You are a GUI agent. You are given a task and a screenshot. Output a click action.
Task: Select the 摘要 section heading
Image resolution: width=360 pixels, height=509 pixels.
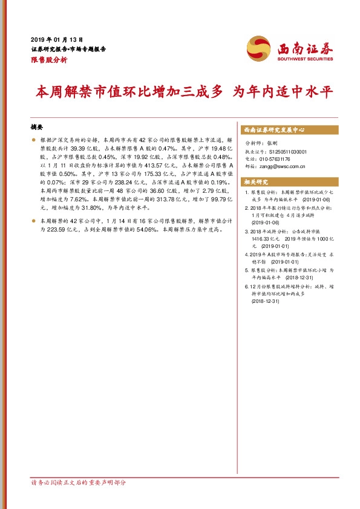point(38,128)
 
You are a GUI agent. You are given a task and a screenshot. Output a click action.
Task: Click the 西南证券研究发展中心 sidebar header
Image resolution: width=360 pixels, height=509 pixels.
point(273,130)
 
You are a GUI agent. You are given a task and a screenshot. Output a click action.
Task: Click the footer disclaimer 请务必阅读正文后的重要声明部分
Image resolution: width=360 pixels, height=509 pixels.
point(79,483)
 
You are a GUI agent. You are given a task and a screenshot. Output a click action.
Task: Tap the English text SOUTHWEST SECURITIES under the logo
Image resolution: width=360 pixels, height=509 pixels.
point(305,59)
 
